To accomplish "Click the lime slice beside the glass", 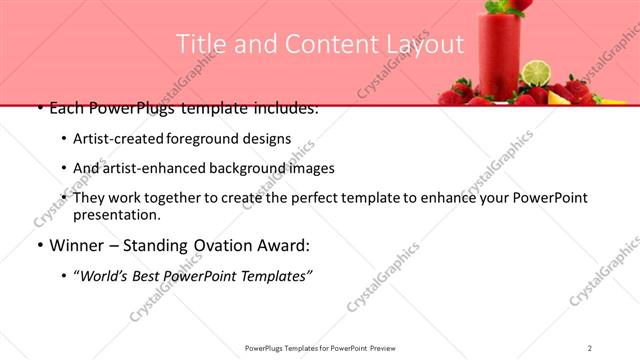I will (537, 73).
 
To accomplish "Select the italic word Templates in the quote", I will (276, 275).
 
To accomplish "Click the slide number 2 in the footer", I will (590, 348).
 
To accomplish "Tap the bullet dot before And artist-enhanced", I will (64, 168).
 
